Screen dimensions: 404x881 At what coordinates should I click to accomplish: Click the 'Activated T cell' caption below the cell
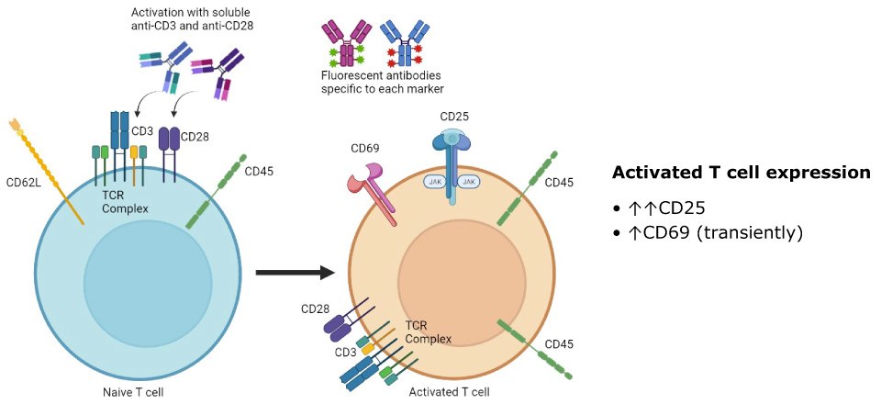449,392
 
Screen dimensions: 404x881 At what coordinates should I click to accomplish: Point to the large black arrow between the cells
294,273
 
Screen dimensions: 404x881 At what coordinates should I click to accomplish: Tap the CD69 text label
365,147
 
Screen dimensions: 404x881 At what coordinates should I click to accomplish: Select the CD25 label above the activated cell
454,118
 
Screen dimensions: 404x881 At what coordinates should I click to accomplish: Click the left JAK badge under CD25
434,183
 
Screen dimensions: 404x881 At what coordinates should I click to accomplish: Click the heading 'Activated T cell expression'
741,173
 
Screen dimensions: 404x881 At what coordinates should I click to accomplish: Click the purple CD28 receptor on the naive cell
170,139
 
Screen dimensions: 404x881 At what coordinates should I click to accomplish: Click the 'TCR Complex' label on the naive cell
125,203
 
